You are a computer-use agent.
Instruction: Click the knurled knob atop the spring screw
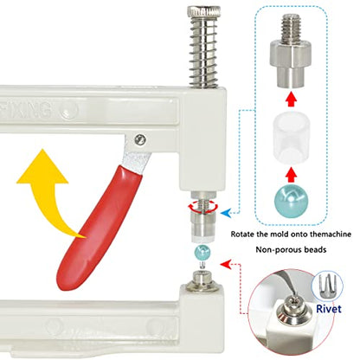[x=204, y=12]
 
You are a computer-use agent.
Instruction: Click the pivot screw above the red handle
[x=140, y=140]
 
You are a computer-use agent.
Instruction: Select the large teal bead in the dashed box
[x=291, y=201]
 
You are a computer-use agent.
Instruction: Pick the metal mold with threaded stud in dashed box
[x=291, y=52]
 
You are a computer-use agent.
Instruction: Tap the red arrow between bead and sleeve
[x=291, y=174]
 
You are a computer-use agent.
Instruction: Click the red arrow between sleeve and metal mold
[x=291, y=100]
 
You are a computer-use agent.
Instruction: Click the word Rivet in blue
[x=329, y=309]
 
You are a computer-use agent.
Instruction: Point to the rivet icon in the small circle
[x=328, y=285]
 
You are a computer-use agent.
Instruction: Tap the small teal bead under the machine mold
[x=202, y=252]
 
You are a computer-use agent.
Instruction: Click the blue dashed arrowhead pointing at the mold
[x=225, y=213]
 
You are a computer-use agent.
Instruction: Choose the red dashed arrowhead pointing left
[x=225, y=264]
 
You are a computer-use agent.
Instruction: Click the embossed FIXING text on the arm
[x=27, y=110]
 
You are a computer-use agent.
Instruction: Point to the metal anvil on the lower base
[x=202, y=280]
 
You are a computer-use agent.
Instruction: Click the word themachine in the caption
[x=331, y=234]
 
